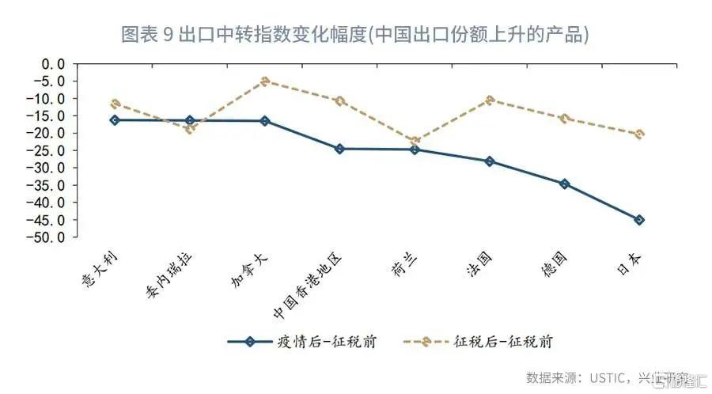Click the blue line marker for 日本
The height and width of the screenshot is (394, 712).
point(639,220)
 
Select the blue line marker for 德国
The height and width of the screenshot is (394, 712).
point(564,184)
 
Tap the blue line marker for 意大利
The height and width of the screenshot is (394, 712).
point(115,120)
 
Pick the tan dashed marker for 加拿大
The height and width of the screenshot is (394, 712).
point(265,81)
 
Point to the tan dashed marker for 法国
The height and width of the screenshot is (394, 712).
point(490,100)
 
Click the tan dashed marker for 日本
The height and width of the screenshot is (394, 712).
point(639,134)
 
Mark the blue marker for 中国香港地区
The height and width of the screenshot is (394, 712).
point(339,149)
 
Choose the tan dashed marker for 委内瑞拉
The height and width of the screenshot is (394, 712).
point(189,129)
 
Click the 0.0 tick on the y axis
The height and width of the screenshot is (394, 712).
point(53,64)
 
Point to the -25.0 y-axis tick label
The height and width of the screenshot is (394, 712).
point(48,150)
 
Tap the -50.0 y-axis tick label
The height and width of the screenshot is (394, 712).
point(48,237)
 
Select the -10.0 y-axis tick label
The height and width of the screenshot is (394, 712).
point(48,99)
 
